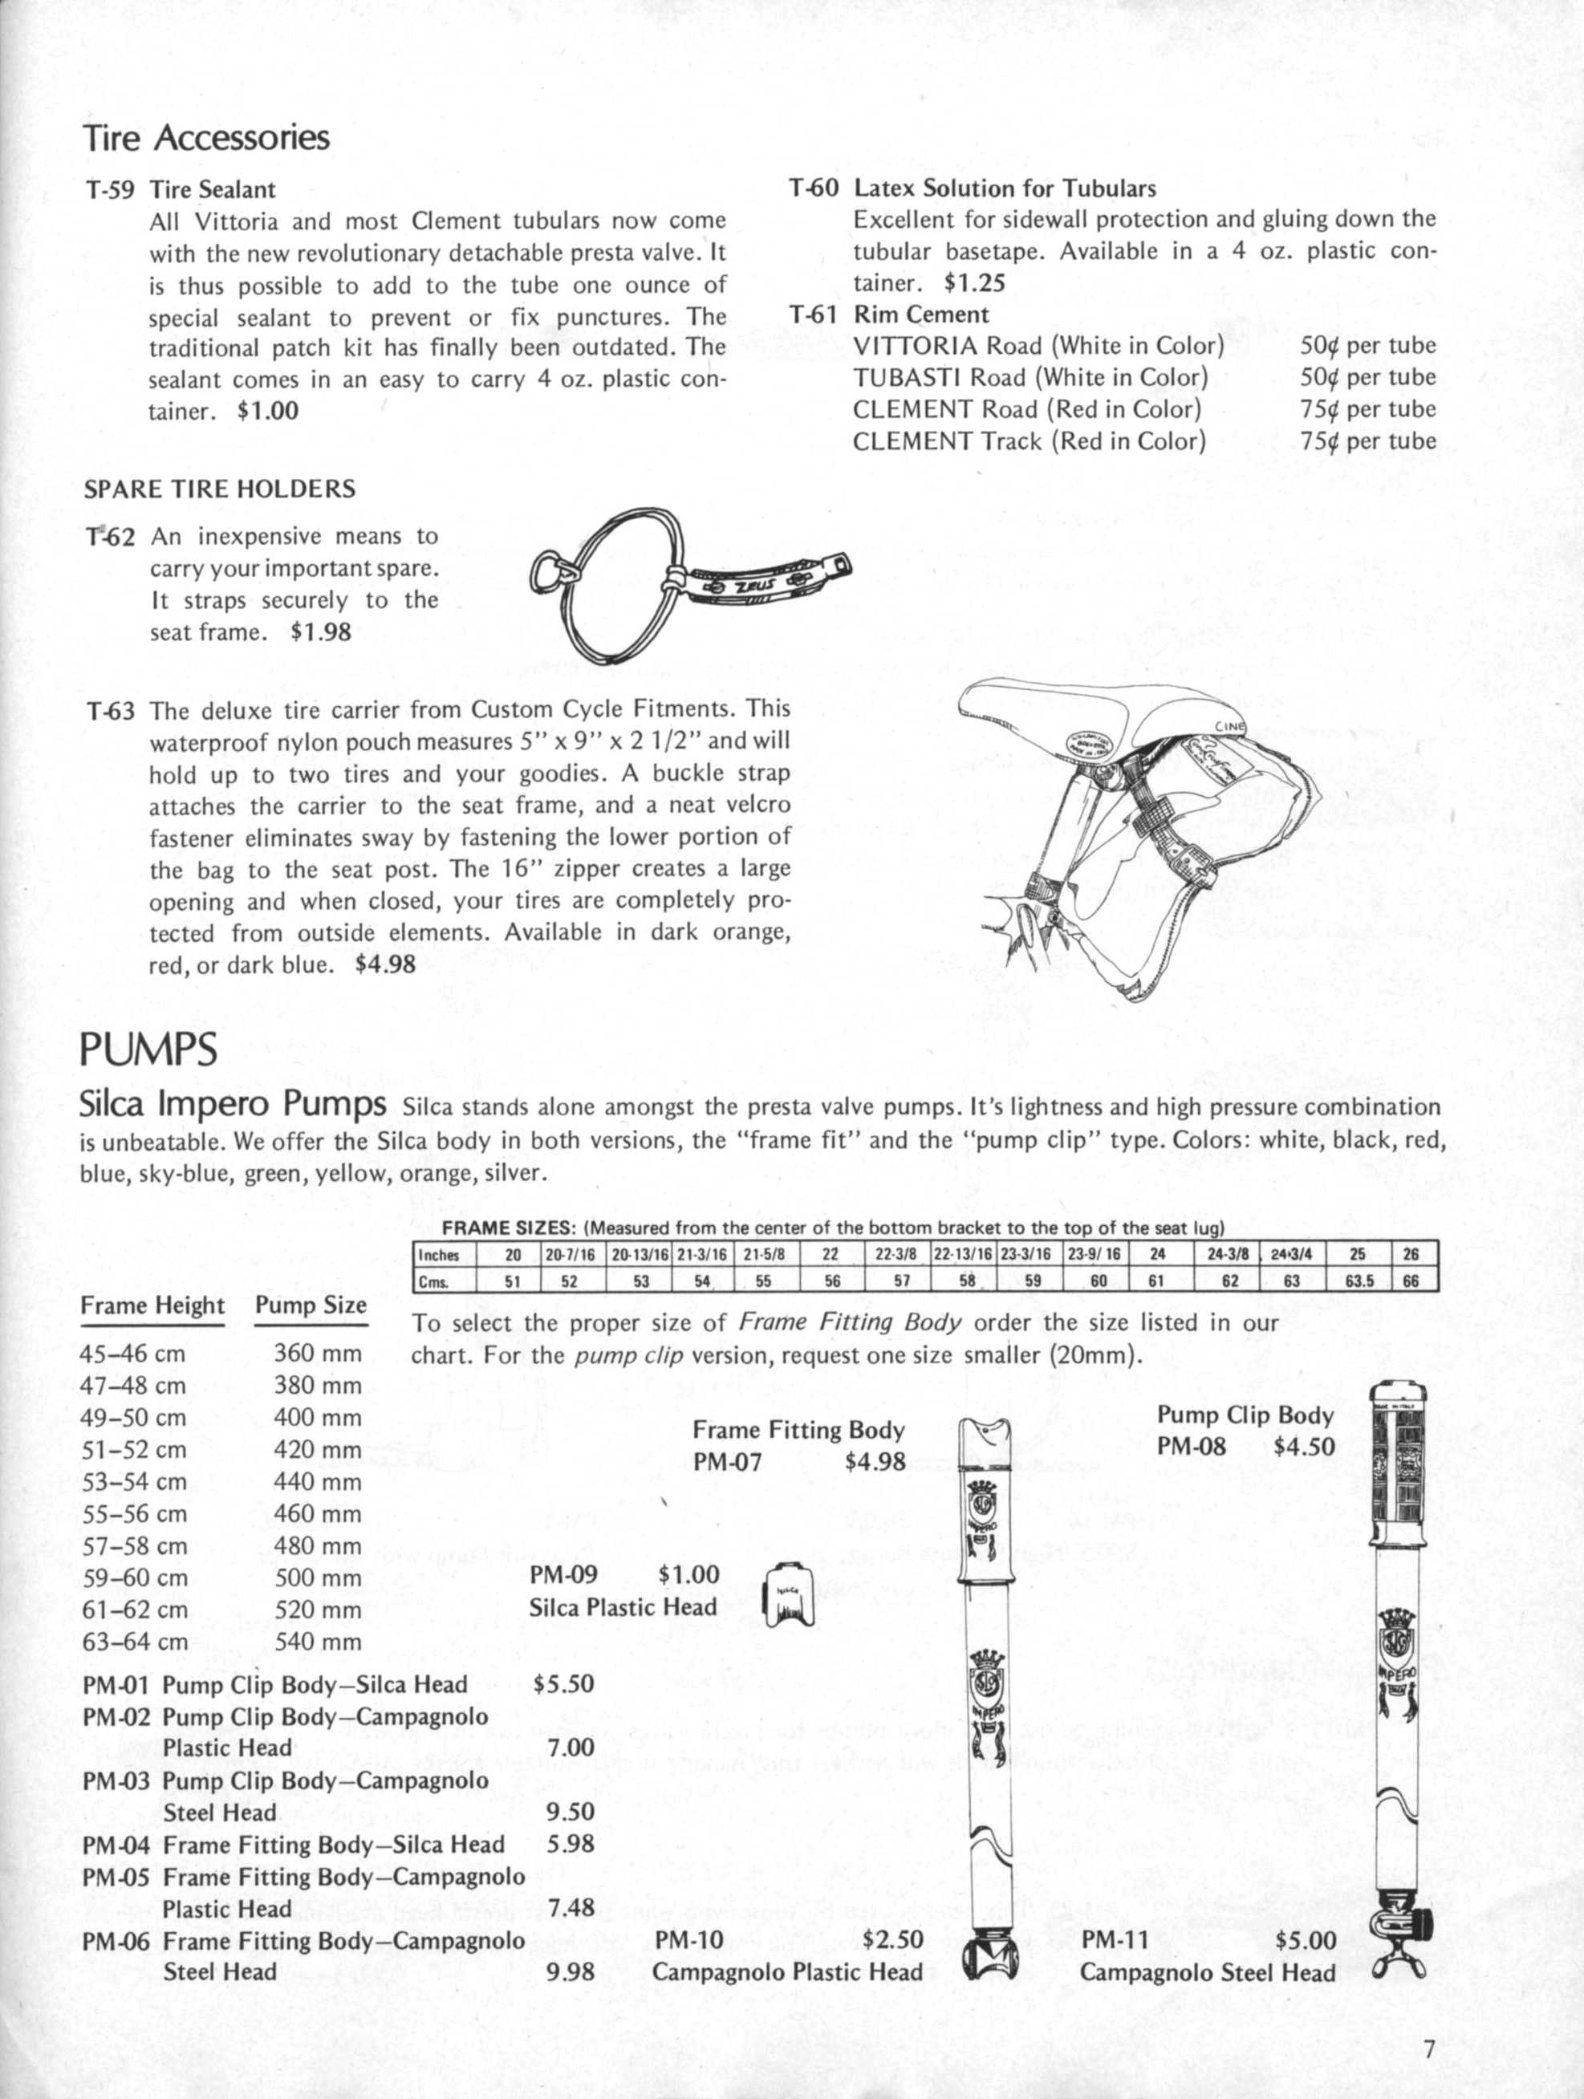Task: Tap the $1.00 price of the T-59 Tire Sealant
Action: pos(268,411)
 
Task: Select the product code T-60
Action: pos(814,188)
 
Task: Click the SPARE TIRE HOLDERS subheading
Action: pos(220,489)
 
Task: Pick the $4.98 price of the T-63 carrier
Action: pos(384,965)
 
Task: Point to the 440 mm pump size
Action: pos(318,1481)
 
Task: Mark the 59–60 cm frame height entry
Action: pos(134,1578)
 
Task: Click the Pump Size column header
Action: pos(311,1305)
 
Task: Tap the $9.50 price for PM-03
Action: pos(571,1813)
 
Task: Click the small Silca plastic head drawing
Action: pos(789,1594)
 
